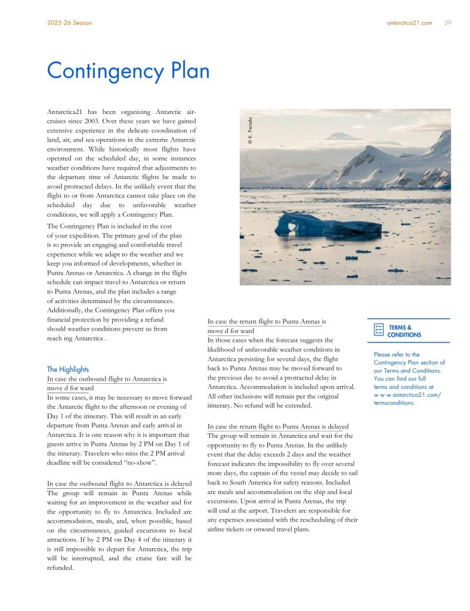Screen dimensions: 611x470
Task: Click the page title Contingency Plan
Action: click(128, 71)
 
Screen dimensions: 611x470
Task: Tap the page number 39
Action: click(447, 23)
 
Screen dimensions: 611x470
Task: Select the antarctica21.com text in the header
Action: click(409, 23)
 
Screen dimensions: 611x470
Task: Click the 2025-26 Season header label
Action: click(69, 23)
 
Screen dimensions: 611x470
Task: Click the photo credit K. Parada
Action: click(251, 129)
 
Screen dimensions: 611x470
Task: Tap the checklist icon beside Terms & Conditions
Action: click(378, 331)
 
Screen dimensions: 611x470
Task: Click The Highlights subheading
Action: click(67, 369)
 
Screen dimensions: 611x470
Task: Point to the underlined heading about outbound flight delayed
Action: click(119, 483)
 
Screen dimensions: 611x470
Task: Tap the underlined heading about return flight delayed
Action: click(278, 426)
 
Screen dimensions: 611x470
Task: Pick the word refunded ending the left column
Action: click(60, 567)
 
